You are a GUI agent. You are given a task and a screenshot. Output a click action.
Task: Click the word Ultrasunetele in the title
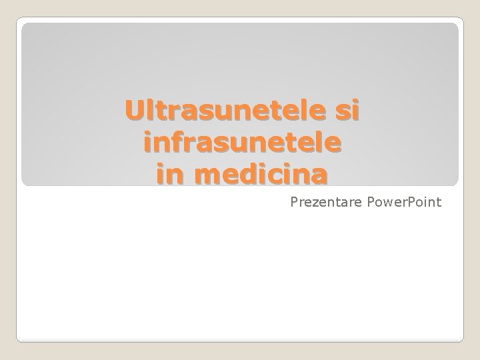[227, 111]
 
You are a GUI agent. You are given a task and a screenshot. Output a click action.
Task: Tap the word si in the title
[346, 111]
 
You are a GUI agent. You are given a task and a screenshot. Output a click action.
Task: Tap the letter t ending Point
[438, 202]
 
